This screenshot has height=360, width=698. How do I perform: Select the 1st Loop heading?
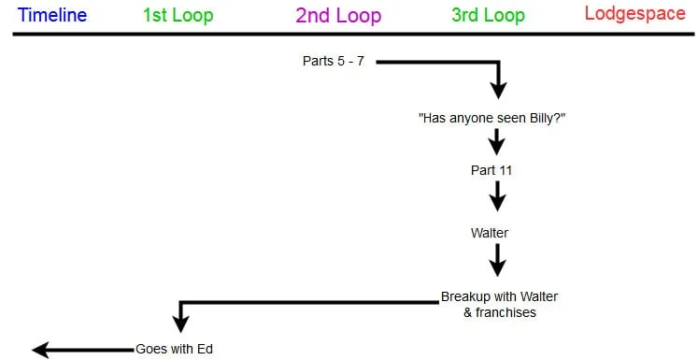pos(178,16)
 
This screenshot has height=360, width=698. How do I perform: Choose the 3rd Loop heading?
pos(487,16)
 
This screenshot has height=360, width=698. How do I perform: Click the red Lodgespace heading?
pos(634,14)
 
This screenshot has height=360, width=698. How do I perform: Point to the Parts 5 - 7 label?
pos(334,62)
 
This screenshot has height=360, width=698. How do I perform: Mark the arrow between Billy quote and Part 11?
pos(497,143)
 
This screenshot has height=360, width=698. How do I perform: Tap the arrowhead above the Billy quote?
pos(498,89)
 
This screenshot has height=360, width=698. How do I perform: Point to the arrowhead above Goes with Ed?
pos(180,324)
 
